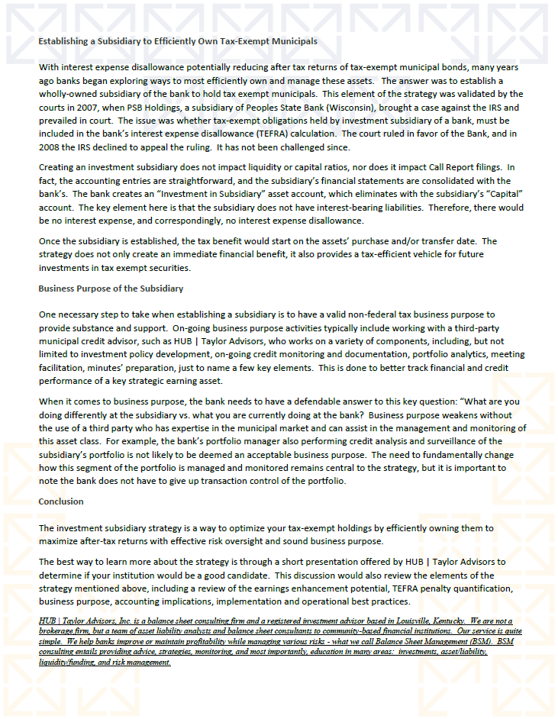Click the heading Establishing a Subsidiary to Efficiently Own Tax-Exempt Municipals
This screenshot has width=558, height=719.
click(178, 41)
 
